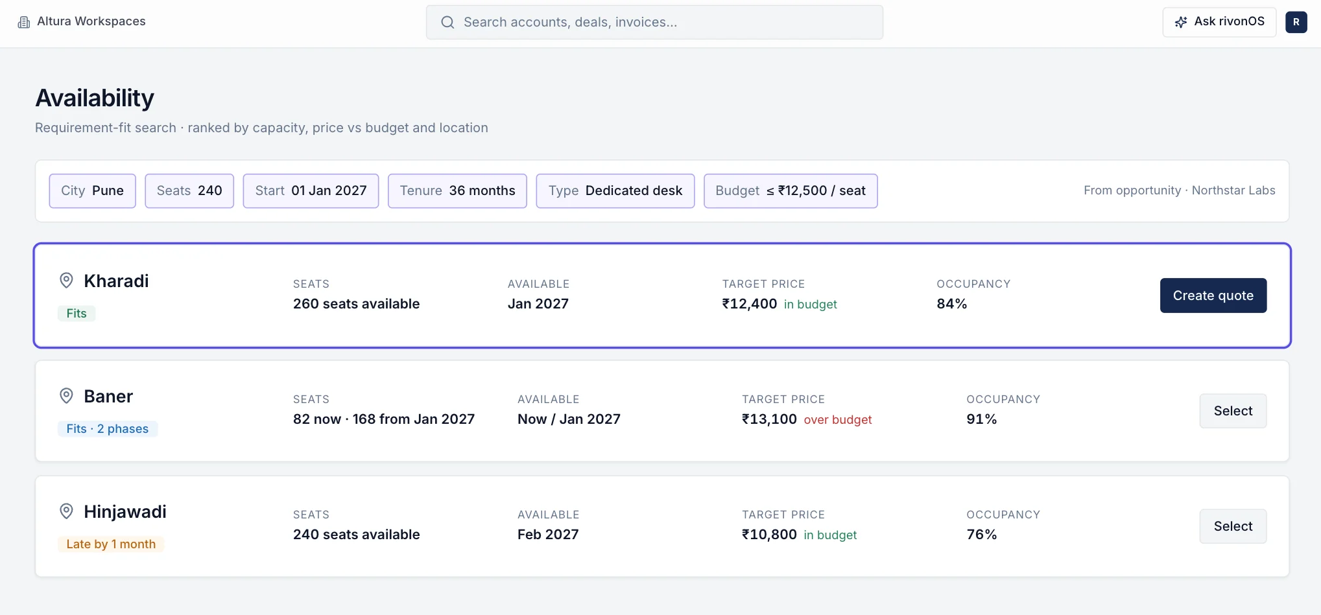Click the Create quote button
point(1213,296)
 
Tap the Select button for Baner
point(1233,411)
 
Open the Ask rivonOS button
point(1219,22)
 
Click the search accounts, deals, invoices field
point(654,22)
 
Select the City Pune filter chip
point(92,191)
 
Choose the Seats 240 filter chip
point(189,191)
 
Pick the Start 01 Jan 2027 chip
point(311,191)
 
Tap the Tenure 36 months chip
point(457,191)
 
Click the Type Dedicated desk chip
point(615,191)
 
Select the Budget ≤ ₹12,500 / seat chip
point(791,191)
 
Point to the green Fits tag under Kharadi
point(77,314)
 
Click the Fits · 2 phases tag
point(108,429)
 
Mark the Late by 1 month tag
point(111,544)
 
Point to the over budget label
point(838,420)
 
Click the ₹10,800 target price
point(769,535)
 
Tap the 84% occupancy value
point(951,304)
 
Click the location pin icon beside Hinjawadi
point(66,511)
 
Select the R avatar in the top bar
point(1296,22)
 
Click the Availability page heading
point(95,98)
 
